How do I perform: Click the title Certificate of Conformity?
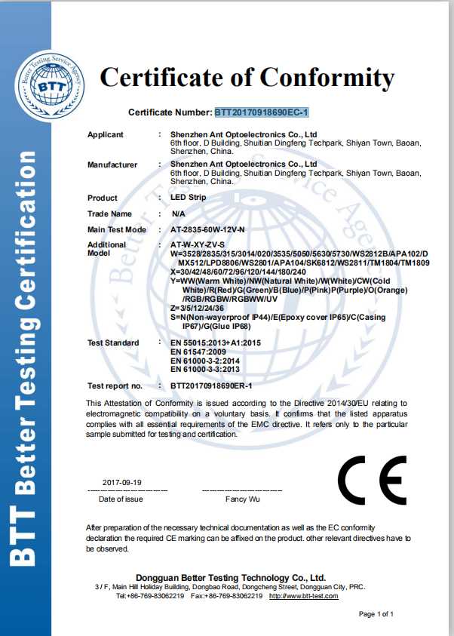tap(247, 77)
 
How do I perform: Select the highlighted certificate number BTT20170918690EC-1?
tap(262, 112)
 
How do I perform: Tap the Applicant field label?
tap(105, 134)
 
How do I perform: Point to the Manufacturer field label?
tap(112, 164)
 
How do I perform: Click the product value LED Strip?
tap(188, 198)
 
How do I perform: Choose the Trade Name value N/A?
tap(178, 214)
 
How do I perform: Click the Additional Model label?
tap(106, 248)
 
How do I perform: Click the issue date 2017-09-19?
tap(121, 482)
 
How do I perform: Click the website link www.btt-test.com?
tap(304, 596)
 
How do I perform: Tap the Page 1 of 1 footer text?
tap(376, 614)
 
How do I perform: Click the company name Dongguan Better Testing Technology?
tap(230, 577)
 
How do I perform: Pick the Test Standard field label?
tap(113, 343)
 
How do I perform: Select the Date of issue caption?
tap(121, 499)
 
